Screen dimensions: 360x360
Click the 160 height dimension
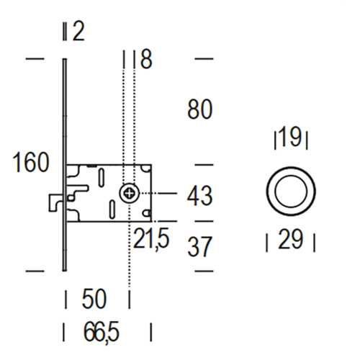pos(31,162)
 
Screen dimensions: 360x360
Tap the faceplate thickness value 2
pos(78,32)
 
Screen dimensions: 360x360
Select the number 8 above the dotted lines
pos(146,59)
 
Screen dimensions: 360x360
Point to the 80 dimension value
pos(200,109)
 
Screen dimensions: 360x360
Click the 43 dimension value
pos(200,196)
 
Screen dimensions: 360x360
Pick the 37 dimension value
pos(200,246)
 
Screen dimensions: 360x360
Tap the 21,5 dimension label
pos(151,238)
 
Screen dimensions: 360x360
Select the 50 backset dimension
pos(94,299)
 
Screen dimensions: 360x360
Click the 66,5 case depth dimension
pos(102,332)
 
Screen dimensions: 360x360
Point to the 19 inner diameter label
pos(290,137)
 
